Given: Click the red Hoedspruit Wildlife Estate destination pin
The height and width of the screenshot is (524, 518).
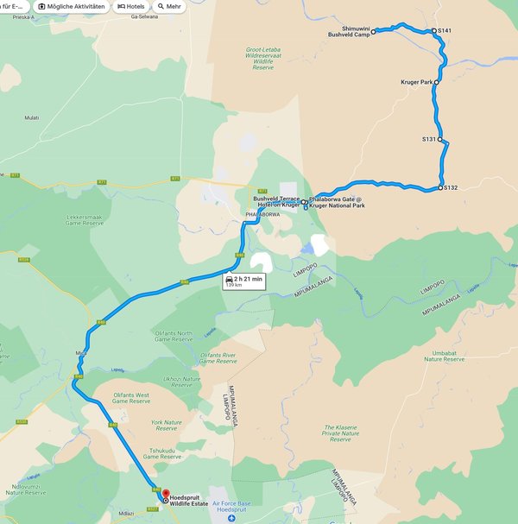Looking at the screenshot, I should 166,495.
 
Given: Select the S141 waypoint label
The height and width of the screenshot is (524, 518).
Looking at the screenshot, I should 445,31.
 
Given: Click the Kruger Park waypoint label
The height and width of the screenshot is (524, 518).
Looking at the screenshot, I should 416,82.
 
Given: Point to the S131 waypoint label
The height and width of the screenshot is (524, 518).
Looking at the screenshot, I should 429,138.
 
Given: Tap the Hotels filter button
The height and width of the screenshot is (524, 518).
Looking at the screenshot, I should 131,6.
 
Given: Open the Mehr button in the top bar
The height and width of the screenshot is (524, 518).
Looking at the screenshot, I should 169,6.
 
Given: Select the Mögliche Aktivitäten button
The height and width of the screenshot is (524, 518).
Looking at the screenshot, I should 77,6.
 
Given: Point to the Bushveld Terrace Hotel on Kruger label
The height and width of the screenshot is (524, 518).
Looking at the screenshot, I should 276,201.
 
